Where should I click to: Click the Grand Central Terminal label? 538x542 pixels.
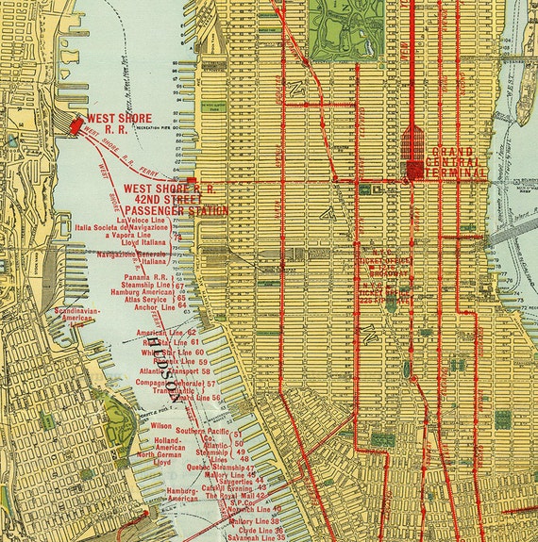458,162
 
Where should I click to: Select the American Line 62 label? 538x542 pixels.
166,333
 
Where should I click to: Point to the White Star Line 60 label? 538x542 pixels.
172,353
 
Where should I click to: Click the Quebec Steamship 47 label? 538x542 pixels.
222,468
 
